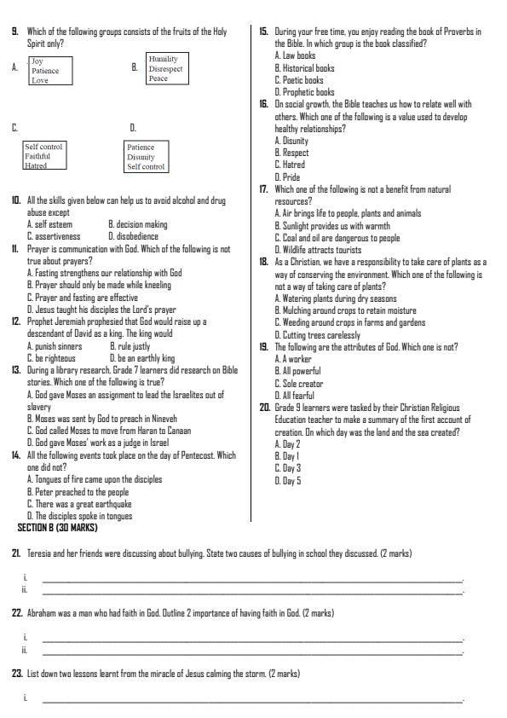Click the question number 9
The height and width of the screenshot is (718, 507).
point(14,32)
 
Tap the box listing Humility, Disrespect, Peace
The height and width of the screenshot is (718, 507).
point(167,69)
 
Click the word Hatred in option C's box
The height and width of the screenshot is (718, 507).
point(37,166)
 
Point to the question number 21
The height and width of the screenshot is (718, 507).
point(16,553)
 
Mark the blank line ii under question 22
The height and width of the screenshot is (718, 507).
point(251,652)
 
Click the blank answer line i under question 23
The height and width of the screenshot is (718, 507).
point(251,700)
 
